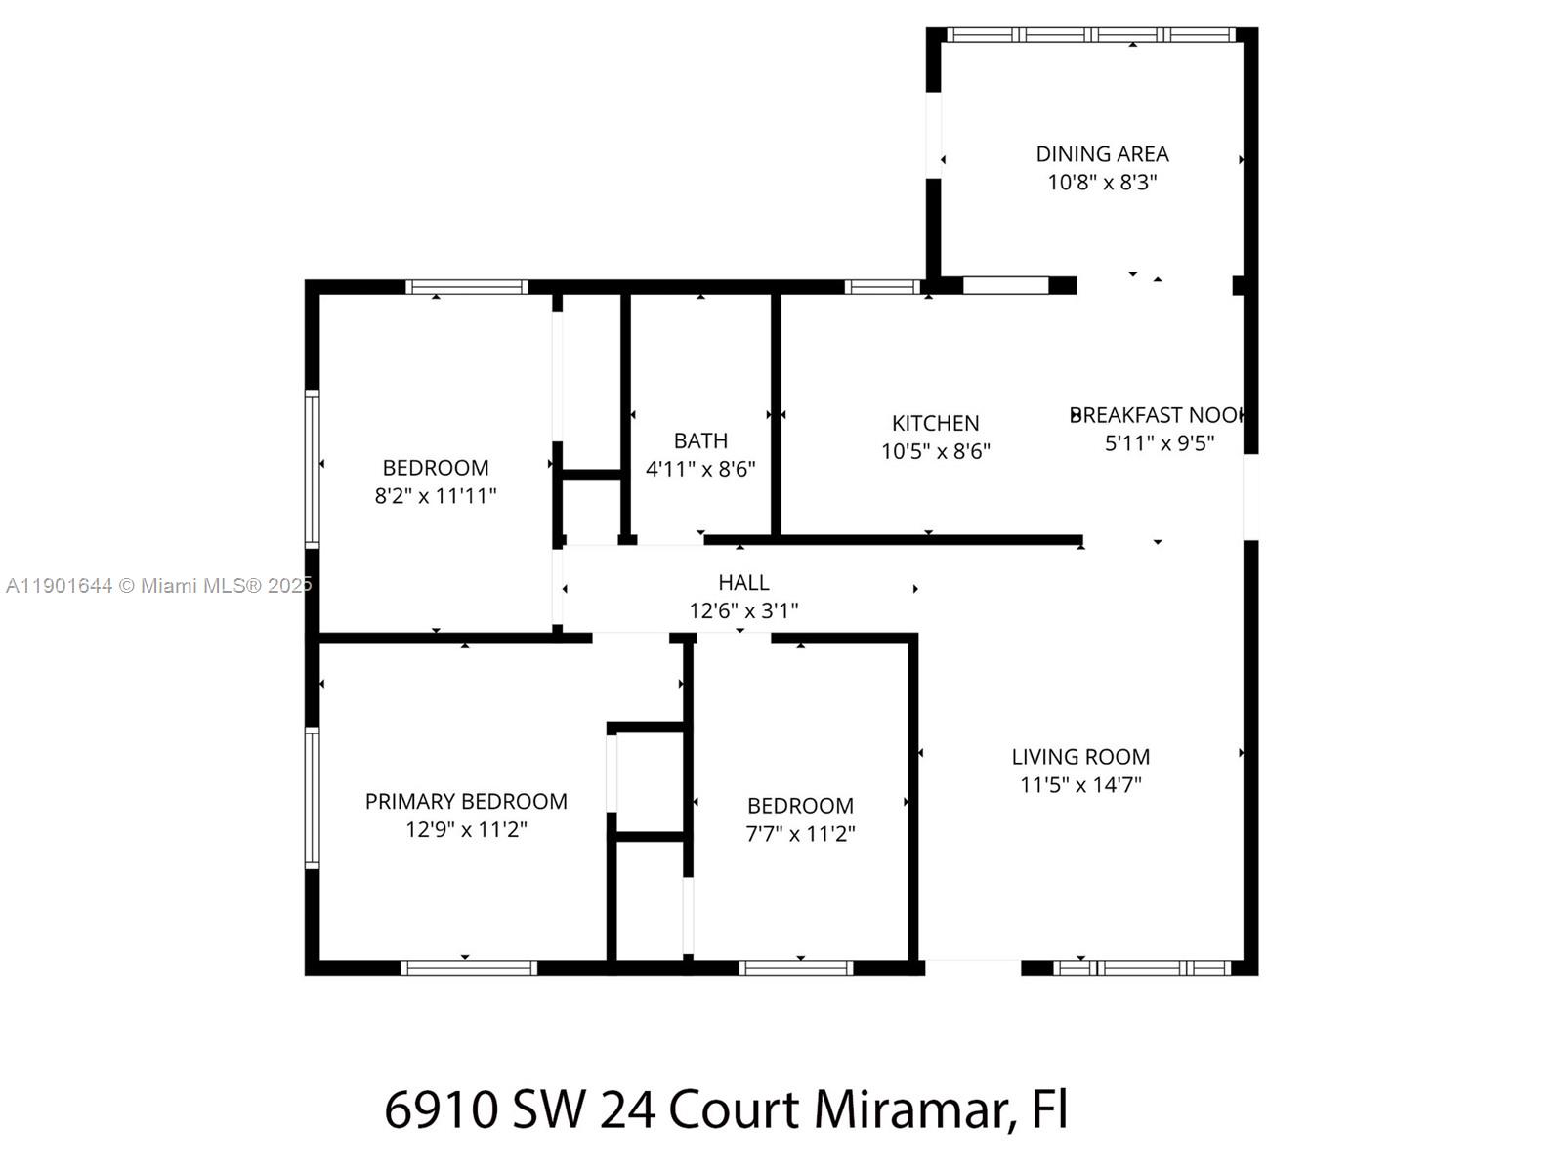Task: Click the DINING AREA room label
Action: point(1102,154)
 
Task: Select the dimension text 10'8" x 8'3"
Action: point(1102,183)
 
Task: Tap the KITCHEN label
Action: point(935,423)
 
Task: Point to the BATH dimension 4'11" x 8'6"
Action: point(700,469)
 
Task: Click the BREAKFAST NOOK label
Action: point(1158,415)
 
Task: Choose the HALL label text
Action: point(743,583)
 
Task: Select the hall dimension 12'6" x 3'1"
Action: point(743,611)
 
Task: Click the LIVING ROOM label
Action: point(1080,757)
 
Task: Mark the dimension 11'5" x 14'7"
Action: point(1080,785)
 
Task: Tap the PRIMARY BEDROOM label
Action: point(466,802)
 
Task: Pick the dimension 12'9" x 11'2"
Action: point(466,830)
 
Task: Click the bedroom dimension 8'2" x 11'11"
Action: point(436,496)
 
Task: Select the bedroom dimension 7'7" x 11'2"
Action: point(800,834)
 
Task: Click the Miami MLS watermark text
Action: point(158,586)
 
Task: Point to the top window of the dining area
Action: point(1092,35)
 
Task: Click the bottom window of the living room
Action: point(1141,968)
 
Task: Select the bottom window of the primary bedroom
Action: point(469,968)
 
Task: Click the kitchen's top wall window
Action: point(881,287)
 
